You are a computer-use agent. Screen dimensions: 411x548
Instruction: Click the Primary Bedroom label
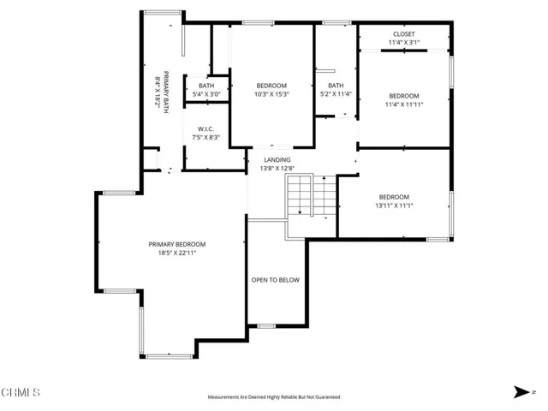(182, 244)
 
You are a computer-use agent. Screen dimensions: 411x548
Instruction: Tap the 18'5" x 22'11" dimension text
(182, 253)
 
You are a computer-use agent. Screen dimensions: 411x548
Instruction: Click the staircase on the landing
(301, 198)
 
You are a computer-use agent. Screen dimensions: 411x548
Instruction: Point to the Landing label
(277, 159)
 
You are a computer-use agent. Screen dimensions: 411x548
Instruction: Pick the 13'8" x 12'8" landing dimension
(277, 169)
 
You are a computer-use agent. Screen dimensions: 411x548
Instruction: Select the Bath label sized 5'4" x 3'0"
(206, 86)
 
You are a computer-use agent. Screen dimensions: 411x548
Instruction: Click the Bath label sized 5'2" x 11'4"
(336, 86)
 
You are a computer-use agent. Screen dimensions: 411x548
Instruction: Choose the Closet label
(404, 33)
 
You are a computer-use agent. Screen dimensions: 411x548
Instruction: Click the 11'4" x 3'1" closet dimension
(404, 42)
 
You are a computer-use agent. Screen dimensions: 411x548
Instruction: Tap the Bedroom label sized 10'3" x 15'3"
(271, 86)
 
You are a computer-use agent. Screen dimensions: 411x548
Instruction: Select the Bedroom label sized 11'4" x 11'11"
(404, 95)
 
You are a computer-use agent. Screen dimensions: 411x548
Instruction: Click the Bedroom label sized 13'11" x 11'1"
(395, 196)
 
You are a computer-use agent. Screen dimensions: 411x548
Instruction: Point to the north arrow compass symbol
(521, 392)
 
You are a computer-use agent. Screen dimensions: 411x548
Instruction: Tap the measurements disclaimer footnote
(274, 397)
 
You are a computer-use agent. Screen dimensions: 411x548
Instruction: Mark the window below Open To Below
(266, 325)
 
